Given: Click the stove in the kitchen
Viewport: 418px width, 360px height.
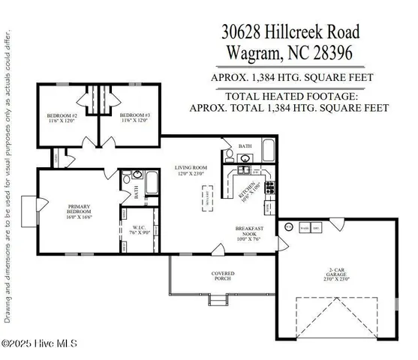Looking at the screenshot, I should [275, 187].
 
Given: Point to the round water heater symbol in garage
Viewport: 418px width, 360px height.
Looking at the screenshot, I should [287, 226].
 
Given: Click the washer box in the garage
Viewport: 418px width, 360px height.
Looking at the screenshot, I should [304, 226].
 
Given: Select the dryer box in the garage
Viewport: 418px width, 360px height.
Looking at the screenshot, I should [316, 226].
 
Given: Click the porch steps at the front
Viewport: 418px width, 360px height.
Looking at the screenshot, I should [218, 301].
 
